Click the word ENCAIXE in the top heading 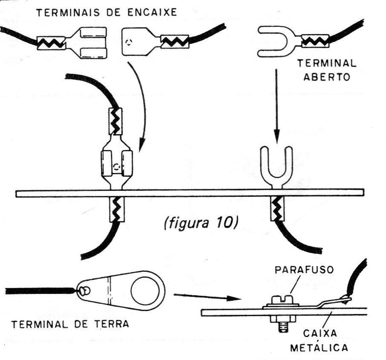(x=152, y=12)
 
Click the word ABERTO (x=327, y=77)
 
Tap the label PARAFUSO (x=304, y=270)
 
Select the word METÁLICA (x=319, y=348)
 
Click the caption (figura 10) (x=200, y=224)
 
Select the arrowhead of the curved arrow (x=142, y=145)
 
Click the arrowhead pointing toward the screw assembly (x=233, y=299)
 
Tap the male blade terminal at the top (x=155, y=41)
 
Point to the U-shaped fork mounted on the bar (x=277, y=167)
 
